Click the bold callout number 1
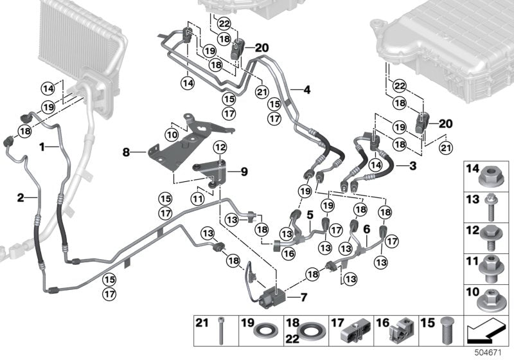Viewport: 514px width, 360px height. pos(42,147)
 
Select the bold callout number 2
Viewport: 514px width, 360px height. pos(21,197)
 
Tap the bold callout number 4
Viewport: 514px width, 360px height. pos(306,90)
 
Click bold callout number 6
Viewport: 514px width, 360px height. pos(366,229)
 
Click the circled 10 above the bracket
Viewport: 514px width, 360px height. pos(171,134)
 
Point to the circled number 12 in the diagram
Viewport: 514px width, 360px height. pos(220,148)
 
